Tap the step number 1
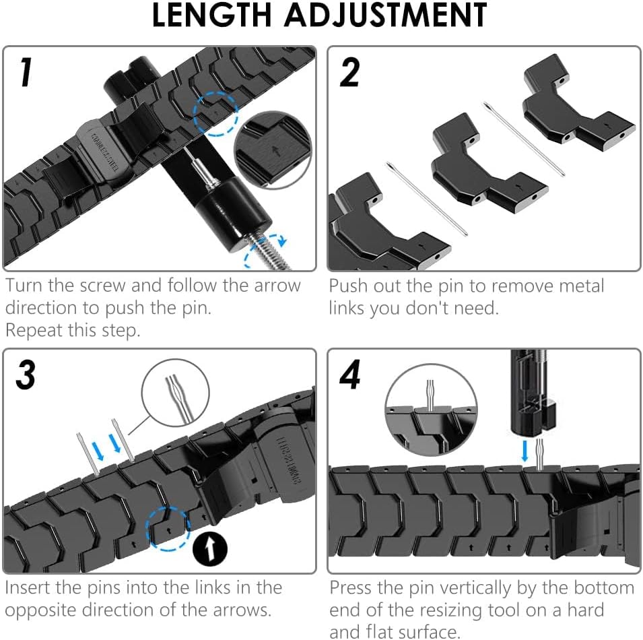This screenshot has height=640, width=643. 25,73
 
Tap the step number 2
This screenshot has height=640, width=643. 349,73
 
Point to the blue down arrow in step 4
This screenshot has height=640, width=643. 525,449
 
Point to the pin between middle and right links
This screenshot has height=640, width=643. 523,138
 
